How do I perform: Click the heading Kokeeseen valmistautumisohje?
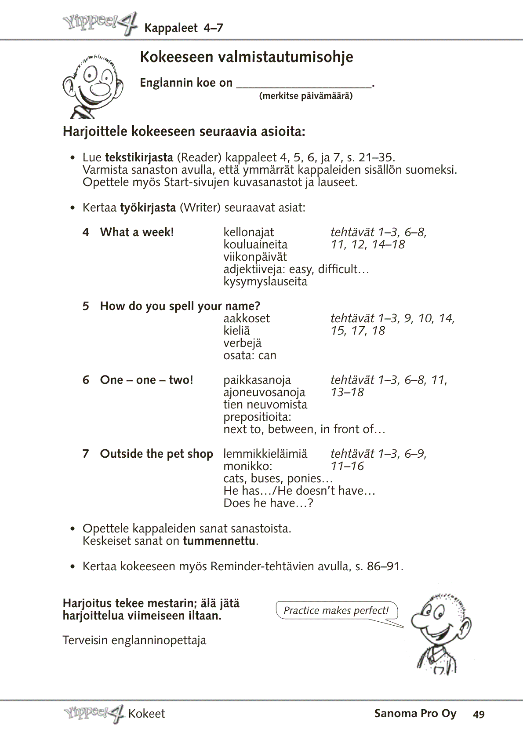click(246, 57)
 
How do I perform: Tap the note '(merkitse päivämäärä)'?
click(305, 96)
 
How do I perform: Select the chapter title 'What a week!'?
click(137, 232)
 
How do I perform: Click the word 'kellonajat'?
click(248, 232)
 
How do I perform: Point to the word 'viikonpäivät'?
click(255, 257)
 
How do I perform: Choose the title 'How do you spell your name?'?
click(180, 306)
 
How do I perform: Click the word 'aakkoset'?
click(247, 318)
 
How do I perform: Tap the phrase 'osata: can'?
click(250, 355)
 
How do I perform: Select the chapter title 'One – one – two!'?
click(146, 380)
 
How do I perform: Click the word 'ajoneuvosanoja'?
click(264, 392)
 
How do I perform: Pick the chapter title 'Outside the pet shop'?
click(156, 454)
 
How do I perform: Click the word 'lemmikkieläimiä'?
click(265, 454)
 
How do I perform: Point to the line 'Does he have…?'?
click(268, 503)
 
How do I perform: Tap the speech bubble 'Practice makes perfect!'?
click(336, 610)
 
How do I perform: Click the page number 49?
click(479, 714)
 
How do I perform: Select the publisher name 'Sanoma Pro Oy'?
click(415, 714)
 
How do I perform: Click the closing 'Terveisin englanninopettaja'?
click(134, 640)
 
